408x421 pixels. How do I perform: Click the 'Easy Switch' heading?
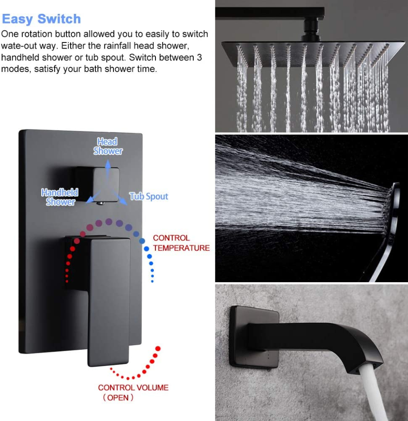[x=41, y=19]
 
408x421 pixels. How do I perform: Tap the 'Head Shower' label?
[x=108, y=146]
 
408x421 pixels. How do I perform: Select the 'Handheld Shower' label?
[x=60, y=197]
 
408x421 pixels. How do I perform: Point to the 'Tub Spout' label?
[x=149, y=196]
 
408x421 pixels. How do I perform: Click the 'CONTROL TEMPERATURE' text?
[x=181, y=243]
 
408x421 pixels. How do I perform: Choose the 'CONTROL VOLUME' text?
[x=133, y=388]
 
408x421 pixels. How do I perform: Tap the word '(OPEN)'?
[x=118, y=398]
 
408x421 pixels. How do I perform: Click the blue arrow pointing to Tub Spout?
[x=119, y=197]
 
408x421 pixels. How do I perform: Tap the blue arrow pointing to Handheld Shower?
[x=93, y=197]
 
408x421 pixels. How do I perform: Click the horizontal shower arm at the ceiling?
[x=270, y=13]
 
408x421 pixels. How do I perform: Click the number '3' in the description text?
[x=199, y=58]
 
